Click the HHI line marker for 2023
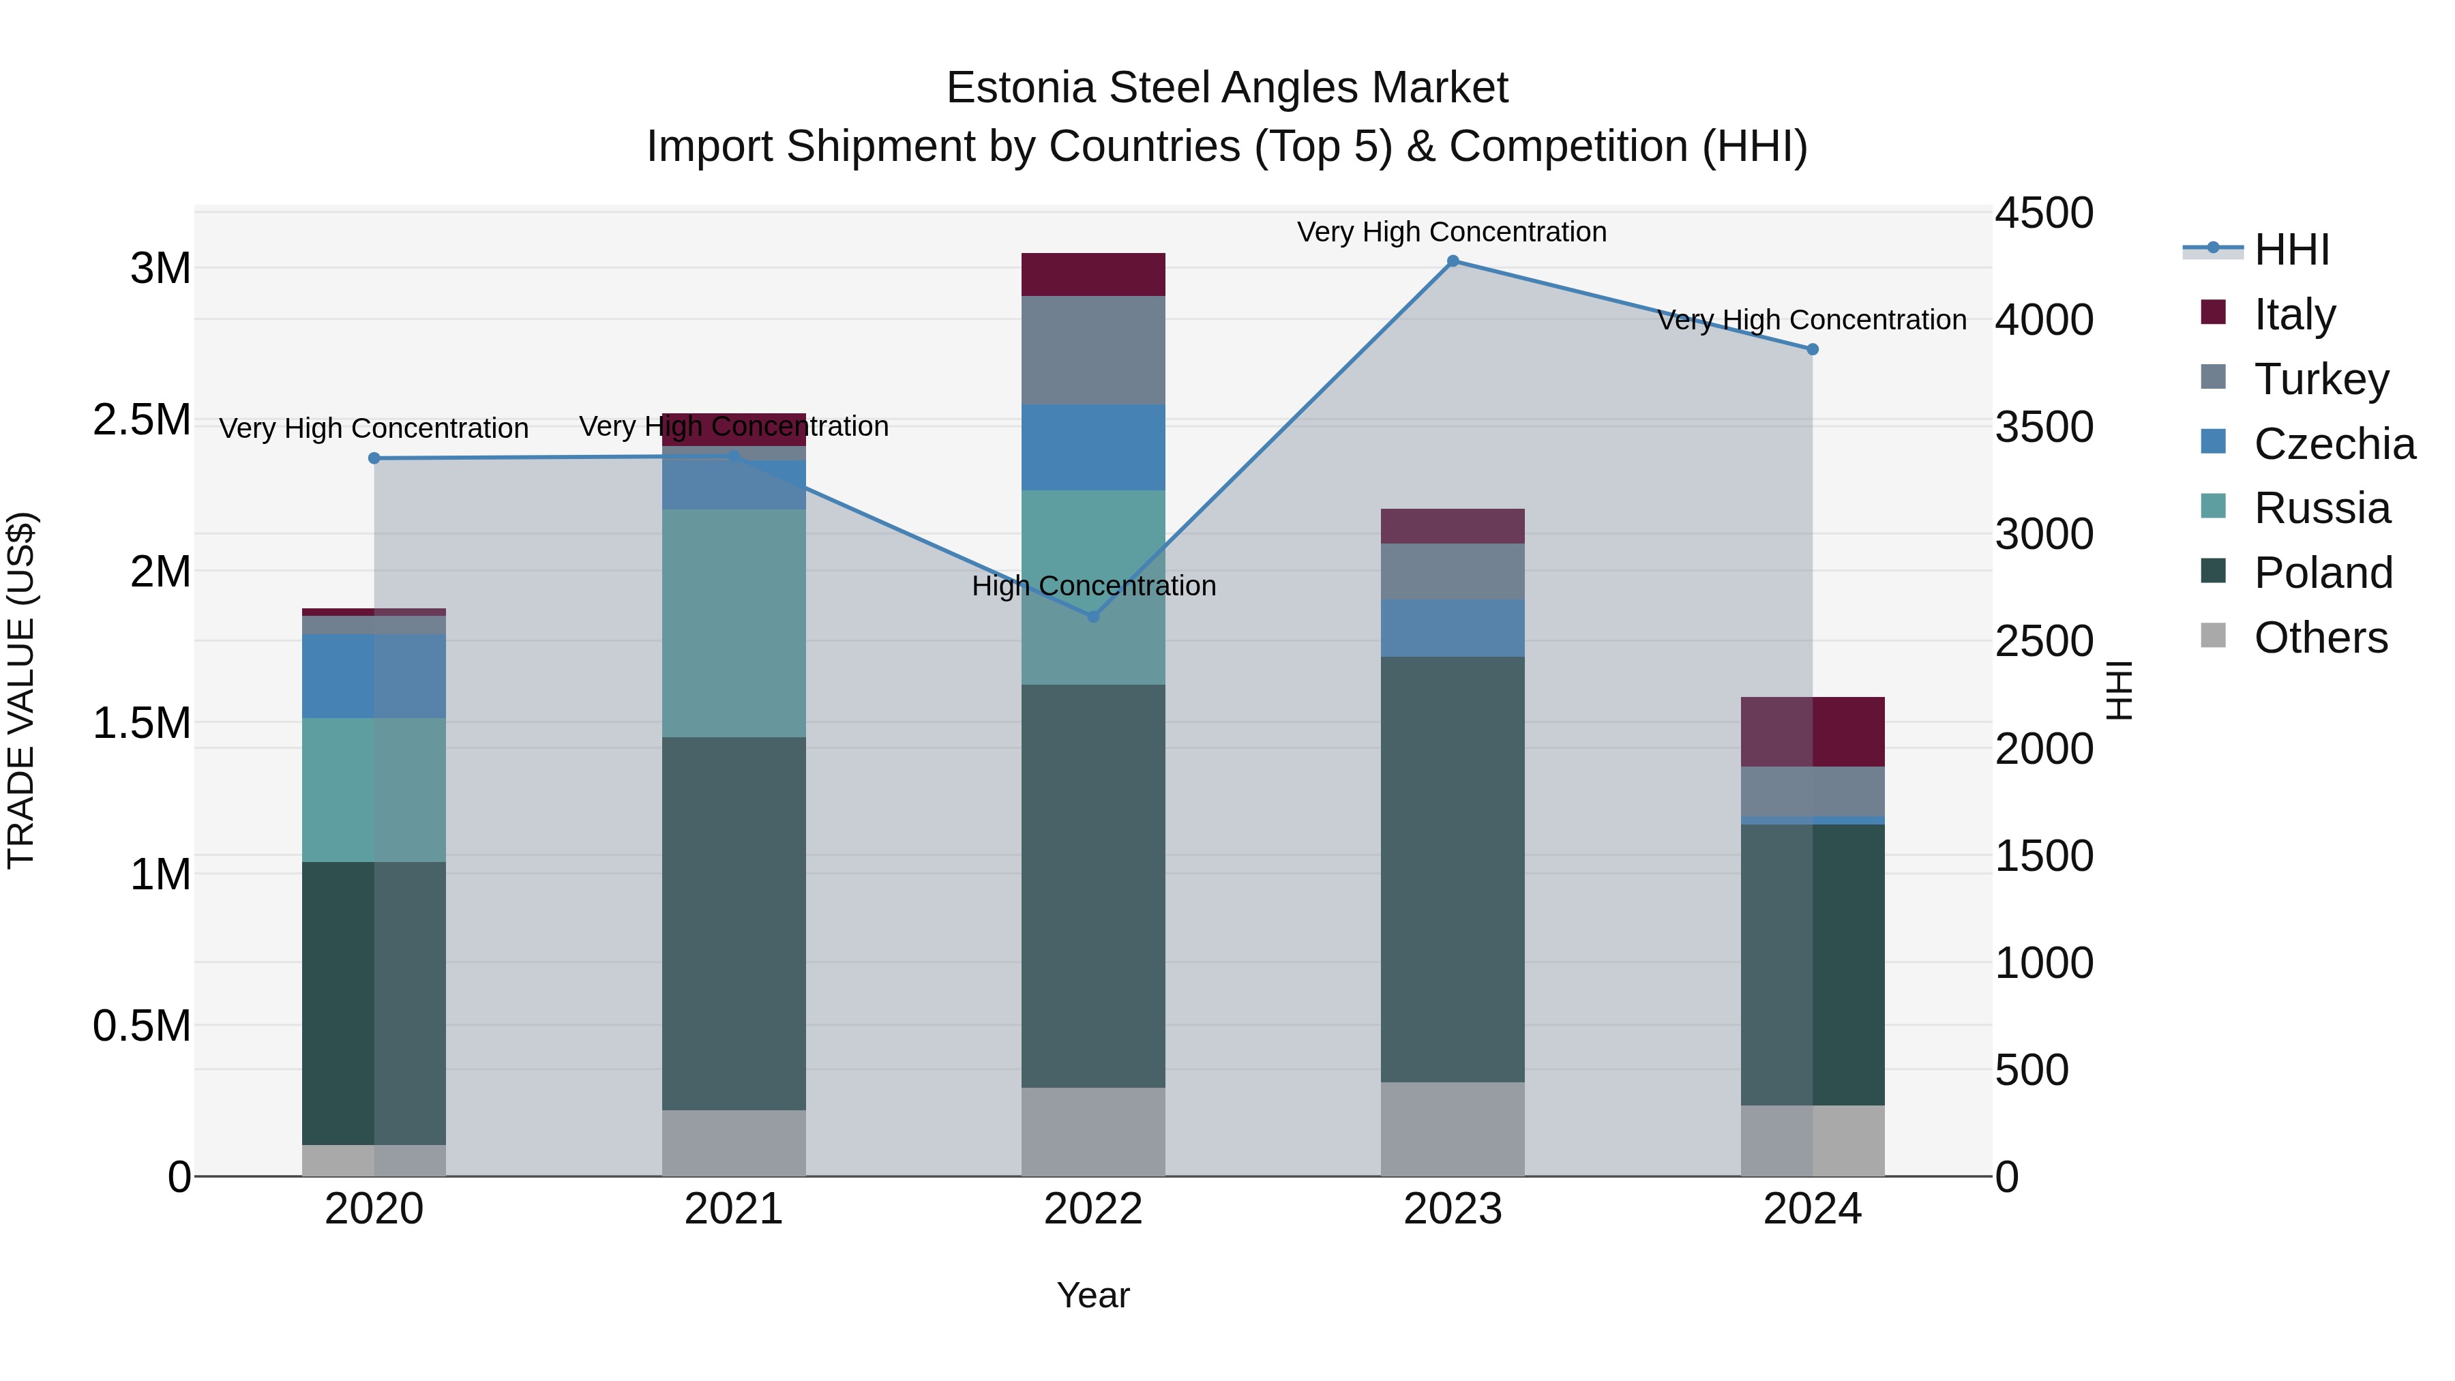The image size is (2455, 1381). point(1453,261)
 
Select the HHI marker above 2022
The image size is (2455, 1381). point(1093,617)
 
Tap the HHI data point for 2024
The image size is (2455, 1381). point(1813,350)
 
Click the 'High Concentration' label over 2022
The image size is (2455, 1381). point(1093,586)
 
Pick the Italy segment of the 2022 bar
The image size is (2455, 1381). point(1093,274)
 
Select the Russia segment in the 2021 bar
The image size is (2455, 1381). point(734,623)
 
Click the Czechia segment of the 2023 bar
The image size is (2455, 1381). point(1453,628)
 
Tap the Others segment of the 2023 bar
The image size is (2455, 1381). point(1453,1129)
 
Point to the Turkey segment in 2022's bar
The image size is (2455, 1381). point(1093,350)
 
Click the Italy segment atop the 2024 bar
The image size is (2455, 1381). point(1813,732)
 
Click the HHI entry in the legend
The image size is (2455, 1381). point(2291,250)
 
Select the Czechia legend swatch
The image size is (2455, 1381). point(2213,442)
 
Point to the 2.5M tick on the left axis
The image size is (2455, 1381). point(142,420)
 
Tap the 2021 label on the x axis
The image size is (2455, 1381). point(734,1209)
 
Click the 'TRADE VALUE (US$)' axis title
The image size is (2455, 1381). point(21,690)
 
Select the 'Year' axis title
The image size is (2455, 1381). point(1093,1295)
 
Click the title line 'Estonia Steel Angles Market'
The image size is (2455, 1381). point(1227,88)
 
